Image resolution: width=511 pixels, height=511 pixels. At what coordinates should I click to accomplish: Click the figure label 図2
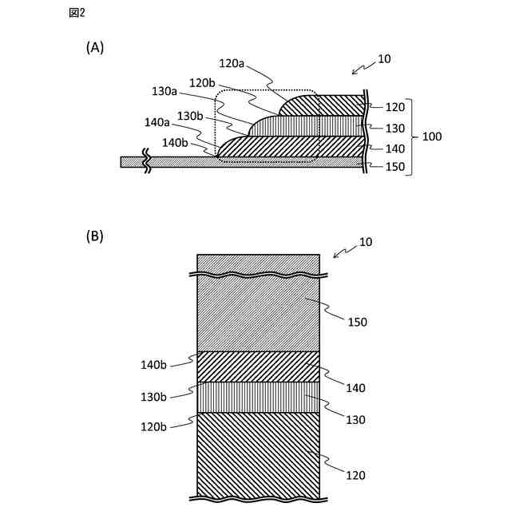(77, 13)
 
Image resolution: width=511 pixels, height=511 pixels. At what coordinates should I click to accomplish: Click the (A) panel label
(95, 48)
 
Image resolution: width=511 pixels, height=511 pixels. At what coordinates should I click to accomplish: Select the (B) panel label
(95, 236)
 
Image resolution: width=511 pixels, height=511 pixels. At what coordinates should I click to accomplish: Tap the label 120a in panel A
(232, 62)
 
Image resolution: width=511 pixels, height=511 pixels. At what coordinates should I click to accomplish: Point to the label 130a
(165, 92)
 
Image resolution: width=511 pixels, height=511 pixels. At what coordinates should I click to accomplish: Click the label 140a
(157, 122)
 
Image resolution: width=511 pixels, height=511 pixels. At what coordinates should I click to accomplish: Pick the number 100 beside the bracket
(431, 137)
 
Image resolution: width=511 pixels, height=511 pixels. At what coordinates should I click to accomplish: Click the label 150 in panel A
(395, 168)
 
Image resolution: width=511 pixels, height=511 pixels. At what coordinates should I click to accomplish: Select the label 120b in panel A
(203, 82)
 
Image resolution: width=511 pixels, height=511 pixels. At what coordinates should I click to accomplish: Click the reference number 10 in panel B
(366, 242)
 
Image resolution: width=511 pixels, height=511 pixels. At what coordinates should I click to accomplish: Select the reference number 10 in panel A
(384, 59)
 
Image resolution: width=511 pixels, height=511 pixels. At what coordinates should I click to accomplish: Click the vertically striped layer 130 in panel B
(258, 397)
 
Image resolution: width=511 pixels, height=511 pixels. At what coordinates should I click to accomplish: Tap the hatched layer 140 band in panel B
(258, 366)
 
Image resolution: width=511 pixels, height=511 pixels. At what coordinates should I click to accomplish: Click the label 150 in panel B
(356, 322)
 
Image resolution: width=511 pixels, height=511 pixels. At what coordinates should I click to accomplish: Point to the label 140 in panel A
(395, 148)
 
